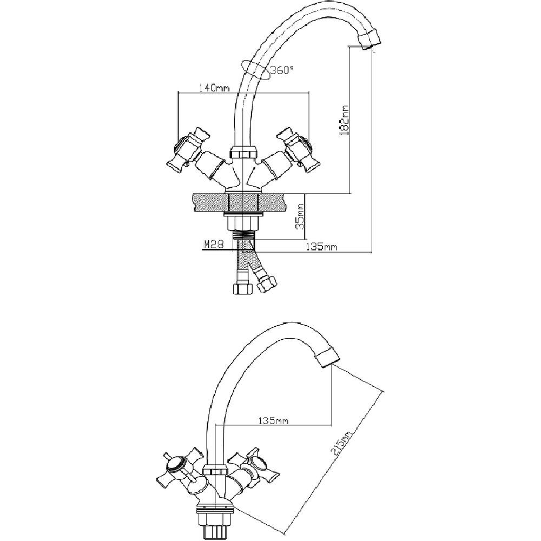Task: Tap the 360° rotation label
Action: (281, 70)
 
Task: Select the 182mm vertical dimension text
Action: (345, 121)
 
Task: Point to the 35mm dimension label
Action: (300, 216)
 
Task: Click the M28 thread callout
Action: (214, 244)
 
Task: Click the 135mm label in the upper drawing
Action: (321, 247)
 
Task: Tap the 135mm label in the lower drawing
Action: (273, 421)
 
